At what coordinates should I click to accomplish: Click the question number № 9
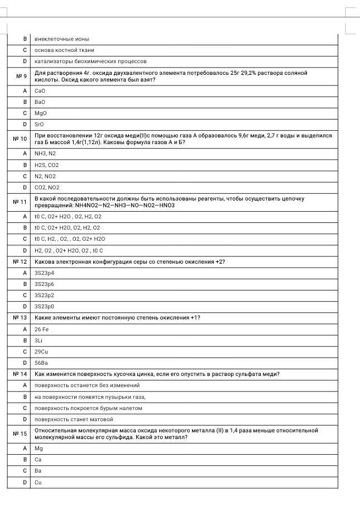(18, 77)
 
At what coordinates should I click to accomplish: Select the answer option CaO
(40, 90)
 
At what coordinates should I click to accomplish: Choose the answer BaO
(40, 102)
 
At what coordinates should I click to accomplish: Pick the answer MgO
(40, 113)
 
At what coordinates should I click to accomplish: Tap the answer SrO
(39, 125)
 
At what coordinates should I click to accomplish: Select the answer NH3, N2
(45, 153)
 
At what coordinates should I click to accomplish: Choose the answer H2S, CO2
(46, 165)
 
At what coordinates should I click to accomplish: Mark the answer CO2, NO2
(47, 188)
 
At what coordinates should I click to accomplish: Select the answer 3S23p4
(44, 273)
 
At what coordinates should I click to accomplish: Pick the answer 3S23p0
(44, 307)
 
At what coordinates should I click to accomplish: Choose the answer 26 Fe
(42, 330)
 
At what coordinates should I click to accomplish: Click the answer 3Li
(39, 340)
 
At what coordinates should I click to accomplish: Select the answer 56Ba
(41, 363)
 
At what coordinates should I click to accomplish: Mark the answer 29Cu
(41, 352)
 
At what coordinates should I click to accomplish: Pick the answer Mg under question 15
(39, 449)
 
